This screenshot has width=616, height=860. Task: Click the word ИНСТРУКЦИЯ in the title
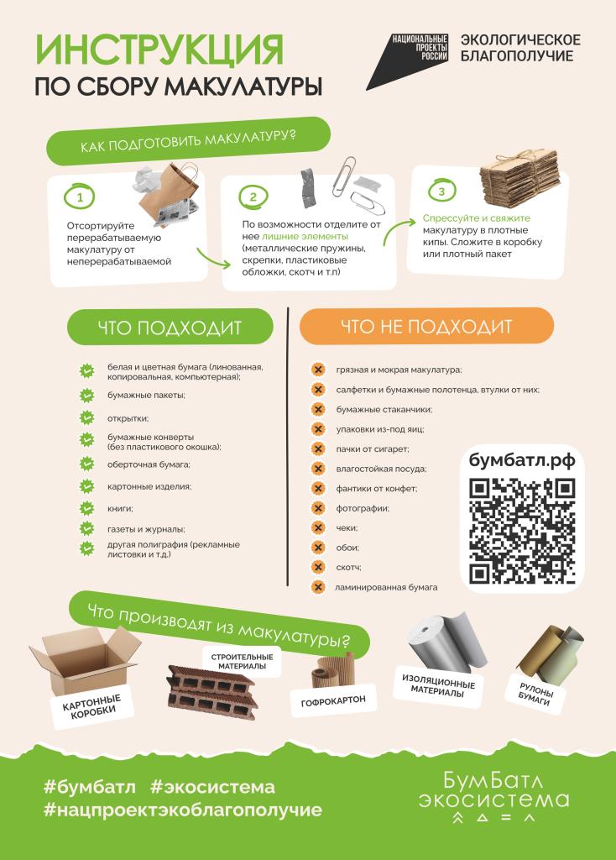click(159, 50)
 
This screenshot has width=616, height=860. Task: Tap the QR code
click(522, 531)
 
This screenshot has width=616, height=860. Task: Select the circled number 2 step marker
click(253, 197)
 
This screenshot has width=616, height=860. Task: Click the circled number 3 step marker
click(441, 191)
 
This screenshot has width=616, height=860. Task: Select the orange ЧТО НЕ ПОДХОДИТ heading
click(426, 327)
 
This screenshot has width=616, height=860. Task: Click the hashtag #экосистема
click(212, 788)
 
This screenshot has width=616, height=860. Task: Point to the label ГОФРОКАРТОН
click(333, 701)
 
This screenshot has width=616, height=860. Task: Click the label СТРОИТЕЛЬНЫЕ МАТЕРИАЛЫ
click(242, 662)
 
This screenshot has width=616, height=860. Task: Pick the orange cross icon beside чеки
click(318, 527)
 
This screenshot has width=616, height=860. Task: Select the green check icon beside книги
click(86, 508)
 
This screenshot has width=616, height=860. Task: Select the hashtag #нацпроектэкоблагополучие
click(183, 810)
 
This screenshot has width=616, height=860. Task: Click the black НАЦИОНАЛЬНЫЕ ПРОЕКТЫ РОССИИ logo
click(408, 61)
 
